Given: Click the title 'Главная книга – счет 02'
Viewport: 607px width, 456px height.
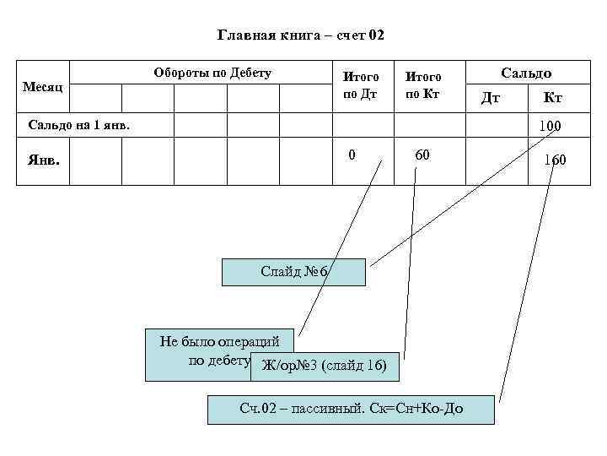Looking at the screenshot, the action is point(301,35).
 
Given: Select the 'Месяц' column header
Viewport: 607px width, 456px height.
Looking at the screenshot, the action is point(42,87).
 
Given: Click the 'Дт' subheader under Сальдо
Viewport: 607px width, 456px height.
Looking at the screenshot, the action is point(490,98).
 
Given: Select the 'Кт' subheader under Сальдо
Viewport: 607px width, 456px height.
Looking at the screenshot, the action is point(552,98).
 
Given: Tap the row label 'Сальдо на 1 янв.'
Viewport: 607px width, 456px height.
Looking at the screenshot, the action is point(80,125).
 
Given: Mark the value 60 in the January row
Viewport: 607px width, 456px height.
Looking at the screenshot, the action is point(422,155).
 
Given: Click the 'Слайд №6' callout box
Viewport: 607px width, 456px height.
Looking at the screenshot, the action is point(293,272).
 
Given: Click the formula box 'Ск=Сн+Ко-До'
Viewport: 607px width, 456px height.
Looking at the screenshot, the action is point(351,410).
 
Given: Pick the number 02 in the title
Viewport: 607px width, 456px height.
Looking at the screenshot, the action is point(376,35).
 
